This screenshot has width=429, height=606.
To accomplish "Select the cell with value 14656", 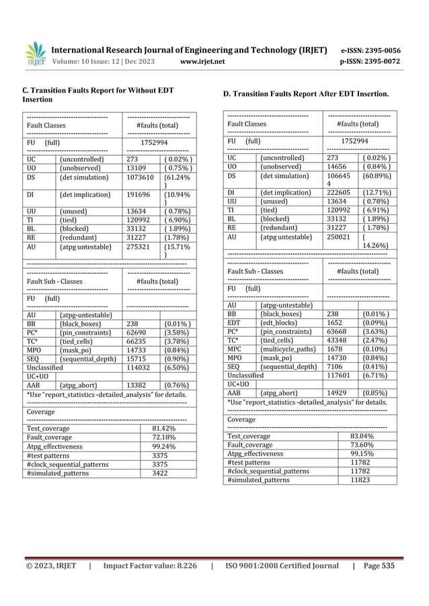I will pyautogui.click(x=339, y=166).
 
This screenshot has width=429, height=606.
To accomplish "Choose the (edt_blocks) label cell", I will pyautogui.click(x=281, y=322).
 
